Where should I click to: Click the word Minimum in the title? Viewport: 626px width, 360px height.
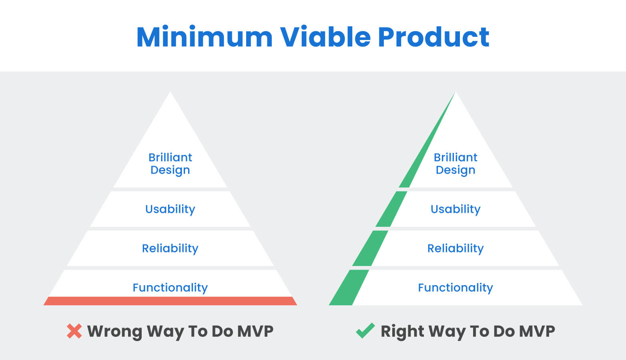(204, 37)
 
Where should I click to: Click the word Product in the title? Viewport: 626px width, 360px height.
(433, 37)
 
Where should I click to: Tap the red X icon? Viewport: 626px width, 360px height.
(74, 331)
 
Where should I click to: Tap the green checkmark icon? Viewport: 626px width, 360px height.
(365, 331)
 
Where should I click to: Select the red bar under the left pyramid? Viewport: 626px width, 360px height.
(170, 301)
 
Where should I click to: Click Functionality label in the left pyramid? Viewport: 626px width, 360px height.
(170, 288)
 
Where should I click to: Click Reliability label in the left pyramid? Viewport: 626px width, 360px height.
(170, 248)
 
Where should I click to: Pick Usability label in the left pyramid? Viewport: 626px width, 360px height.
(170, 209)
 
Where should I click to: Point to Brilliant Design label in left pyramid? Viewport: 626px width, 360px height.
(170, 164)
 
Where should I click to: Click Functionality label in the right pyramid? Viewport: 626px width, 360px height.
(455, 288)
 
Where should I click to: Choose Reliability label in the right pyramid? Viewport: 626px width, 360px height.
(455, 248)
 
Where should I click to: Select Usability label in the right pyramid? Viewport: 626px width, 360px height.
(455, 209)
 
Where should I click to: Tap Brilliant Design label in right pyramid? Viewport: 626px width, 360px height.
(455, 164)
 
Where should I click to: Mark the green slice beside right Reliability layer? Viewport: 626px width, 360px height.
(370, 248)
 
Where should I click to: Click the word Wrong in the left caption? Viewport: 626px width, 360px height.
(114, 331)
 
